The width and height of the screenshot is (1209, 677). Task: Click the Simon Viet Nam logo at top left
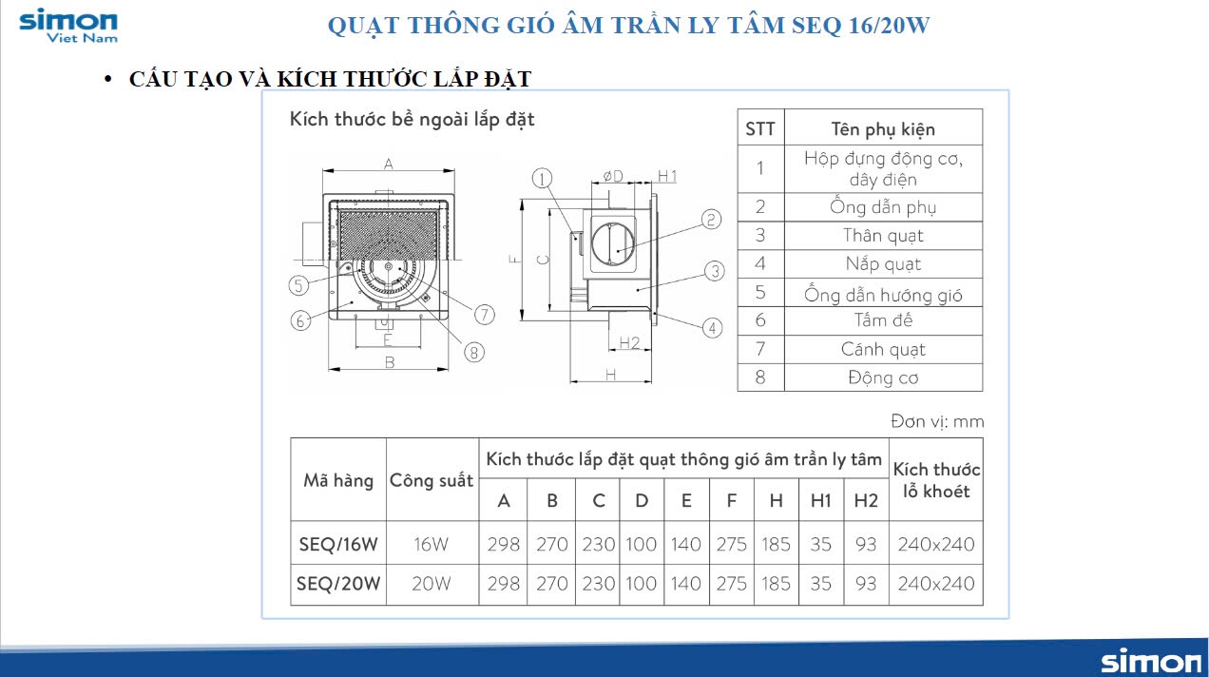pyautogui.click(x=68, y=26)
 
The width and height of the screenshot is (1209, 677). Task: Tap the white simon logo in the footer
pyautogui.click(x=1151, y=662)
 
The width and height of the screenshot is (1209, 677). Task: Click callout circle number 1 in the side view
pyautogui.click(x=542, y=178)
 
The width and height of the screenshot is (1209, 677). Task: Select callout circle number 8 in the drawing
pyautogui.click(x=474, y=353)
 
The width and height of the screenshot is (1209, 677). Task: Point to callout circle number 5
pyautogui.click(x=298, y=285)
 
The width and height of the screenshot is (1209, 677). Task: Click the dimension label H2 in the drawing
pyautogui.click(x=629, y=343)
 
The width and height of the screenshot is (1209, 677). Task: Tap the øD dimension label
pyautogui.click(x=613, y=176)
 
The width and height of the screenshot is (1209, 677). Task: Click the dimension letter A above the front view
pyautogui.click(x=389, y=164)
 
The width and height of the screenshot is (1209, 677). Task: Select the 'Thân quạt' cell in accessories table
pyautogui.click(x=883, y=236)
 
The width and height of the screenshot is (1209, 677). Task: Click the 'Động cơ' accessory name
pyautogui.click(x=883, y=377)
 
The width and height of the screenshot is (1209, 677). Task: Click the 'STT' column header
pyautogui.click(x=760, y=128)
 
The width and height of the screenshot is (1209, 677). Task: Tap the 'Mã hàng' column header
pyautogui.click(x=338, y=480)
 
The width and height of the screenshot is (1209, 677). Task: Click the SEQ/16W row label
pyautogui.click(x=338, y=544)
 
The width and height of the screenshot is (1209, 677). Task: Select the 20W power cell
pyautogui.click(x=432, y=584)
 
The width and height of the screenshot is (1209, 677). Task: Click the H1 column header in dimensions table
pyautogui.click(x=820, y=500)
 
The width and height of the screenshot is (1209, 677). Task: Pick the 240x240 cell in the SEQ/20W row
pyautogui.click(x=936, y=584)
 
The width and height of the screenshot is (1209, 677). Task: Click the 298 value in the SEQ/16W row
pyautogui.click(x=503, y=544)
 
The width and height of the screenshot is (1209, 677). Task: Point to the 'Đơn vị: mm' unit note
pyautogui.click(x=937, y=421)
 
